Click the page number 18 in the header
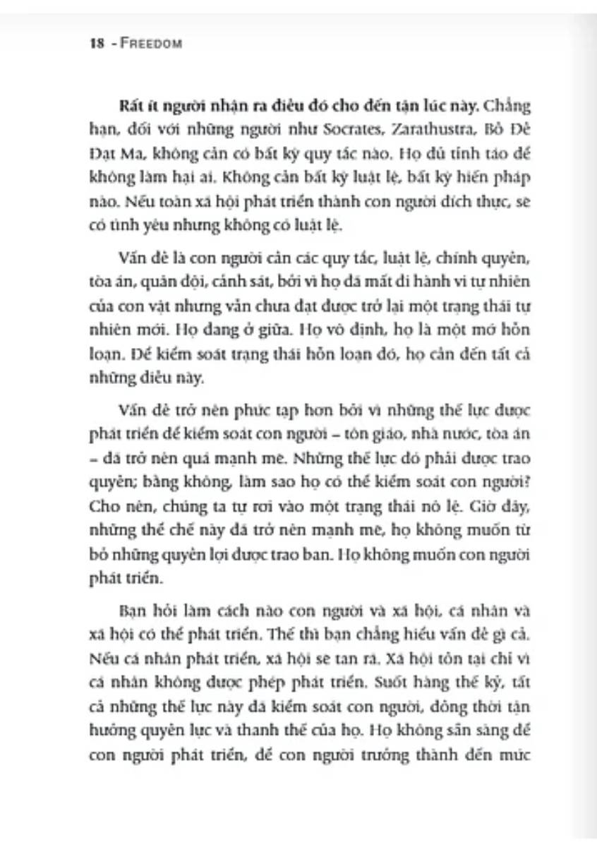pyautogui.click(x=97, y=43)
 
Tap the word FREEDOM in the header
pyautogui.click(x=152, y=43)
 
